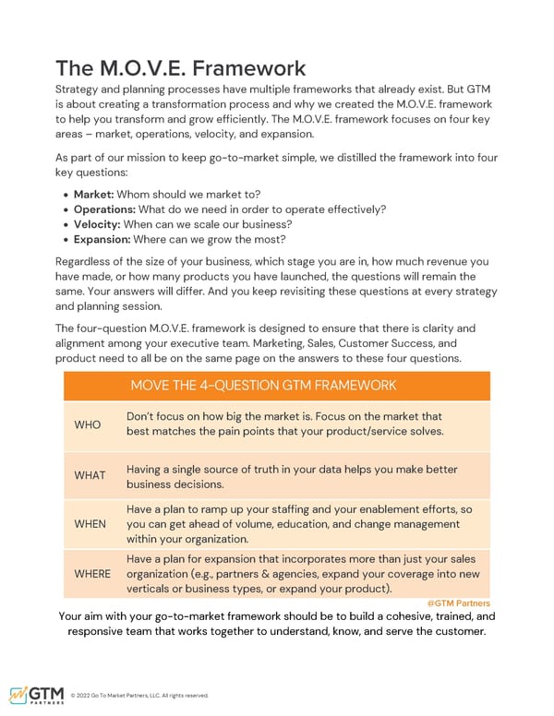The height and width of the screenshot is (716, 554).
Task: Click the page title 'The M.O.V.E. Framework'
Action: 180,68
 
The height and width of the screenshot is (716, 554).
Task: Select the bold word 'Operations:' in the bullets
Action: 105,209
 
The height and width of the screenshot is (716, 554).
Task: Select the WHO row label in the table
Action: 88,424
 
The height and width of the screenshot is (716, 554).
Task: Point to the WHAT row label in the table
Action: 90,476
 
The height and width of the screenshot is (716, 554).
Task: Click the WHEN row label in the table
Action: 90,524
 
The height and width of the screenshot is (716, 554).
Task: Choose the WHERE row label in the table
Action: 92,574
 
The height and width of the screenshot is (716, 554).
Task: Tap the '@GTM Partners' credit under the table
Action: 458,603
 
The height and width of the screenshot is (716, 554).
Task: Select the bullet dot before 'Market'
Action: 66,194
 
